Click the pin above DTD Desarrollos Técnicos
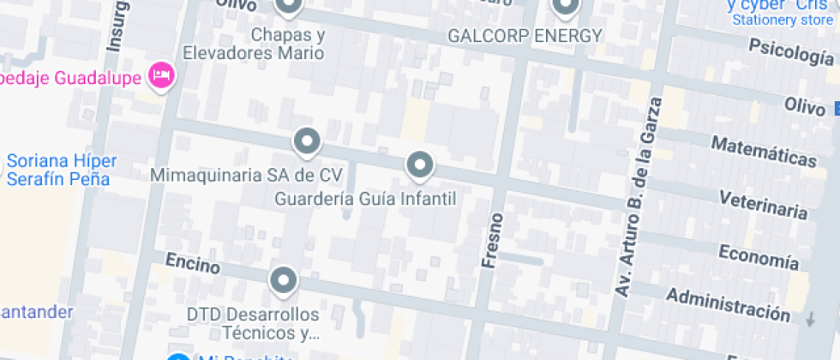coord(282,279)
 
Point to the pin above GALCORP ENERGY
coord(565,8)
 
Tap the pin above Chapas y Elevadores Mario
coord(289,7)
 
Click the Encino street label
coord(192,263)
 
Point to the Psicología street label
coord(790,53)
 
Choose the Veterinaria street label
coord(763,205)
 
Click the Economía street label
coord(758,255)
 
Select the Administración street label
coord(728,304)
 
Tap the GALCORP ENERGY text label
coord(525,36)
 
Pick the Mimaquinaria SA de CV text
coord(246,175)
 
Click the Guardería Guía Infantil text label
coord(365,199)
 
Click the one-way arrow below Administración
coord(811,319)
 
